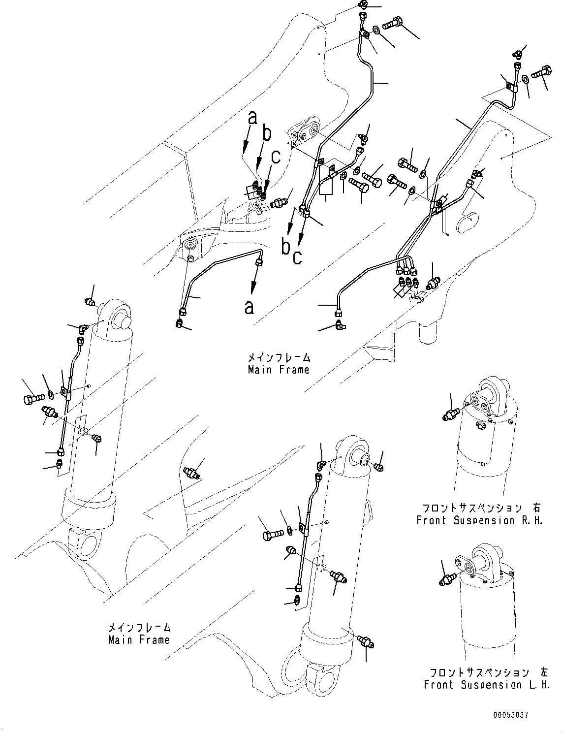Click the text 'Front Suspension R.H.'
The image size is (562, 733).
[x=479, y=520]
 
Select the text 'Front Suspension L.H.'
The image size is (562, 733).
[x=487, y=684]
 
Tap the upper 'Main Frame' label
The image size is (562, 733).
[x=279, y=369]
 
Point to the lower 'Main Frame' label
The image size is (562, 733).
[x=139, y=640]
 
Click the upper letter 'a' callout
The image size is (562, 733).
[x=252, y=118]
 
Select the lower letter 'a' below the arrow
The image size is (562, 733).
[x=250, y=307]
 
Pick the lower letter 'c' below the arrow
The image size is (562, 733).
[x=297, y=256]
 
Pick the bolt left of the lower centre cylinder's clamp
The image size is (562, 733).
[x=270, y=534]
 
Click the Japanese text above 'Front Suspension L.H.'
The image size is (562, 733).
[x=479, y=672]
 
